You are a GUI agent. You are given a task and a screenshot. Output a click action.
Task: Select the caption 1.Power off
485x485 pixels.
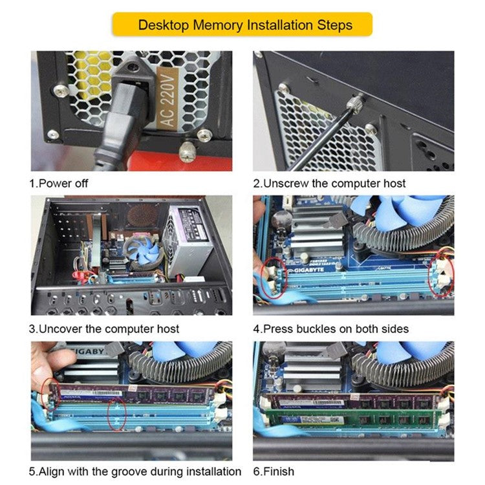pyautogui.click(x=59, y=183)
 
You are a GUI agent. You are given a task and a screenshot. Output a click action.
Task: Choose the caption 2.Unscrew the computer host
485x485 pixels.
pyautogui.click(x=329, y=183)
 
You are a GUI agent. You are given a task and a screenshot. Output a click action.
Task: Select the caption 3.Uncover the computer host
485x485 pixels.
pyautogui.click(x=104, y=329)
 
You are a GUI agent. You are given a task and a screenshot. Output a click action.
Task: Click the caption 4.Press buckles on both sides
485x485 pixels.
pyautogui.click(x=330, y=329)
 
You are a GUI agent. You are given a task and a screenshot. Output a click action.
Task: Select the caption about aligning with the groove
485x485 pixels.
pyautogui.click(x=135, y=471)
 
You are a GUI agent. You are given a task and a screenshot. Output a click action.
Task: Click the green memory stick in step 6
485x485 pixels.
pyautogui.click(x=352, y=416)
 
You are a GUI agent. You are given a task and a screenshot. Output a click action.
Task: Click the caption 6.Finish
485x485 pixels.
pyautogui.click(x=273, y=471)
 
